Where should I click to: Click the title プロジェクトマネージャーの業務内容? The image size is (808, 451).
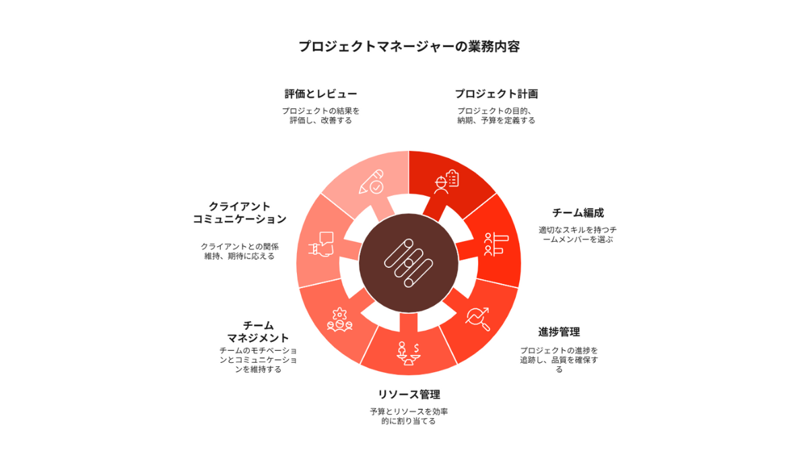409,46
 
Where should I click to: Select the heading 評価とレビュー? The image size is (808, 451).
321,94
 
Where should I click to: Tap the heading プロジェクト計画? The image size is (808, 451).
496,94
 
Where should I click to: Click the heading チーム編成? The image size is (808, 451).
578,213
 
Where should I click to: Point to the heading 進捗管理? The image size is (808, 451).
559,332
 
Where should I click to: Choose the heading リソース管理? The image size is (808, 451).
409,394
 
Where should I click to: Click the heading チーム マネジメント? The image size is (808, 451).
258,332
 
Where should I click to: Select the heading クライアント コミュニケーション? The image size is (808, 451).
240,213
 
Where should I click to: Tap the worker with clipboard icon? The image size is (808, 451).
446,182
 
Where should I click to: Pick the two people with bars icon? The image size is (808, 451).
496,244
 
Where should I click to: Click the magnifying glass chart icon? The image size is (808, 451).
477,319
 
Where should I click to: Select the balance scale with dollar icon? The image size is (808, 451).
409,354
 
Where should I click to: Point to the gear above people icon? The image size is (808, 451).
339,320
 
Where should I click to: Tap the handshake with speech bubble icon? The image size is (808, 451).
321,244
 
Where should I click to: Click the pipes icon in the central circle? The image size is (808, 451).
409,263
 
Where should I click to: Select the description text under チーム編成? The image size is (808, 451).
578,235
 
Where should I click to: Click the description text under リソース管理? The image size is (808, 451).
409,417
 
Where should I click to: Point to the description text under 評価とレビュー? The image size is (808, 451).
321,116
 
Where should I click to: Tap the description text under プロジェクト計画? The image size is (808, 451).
496,116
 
